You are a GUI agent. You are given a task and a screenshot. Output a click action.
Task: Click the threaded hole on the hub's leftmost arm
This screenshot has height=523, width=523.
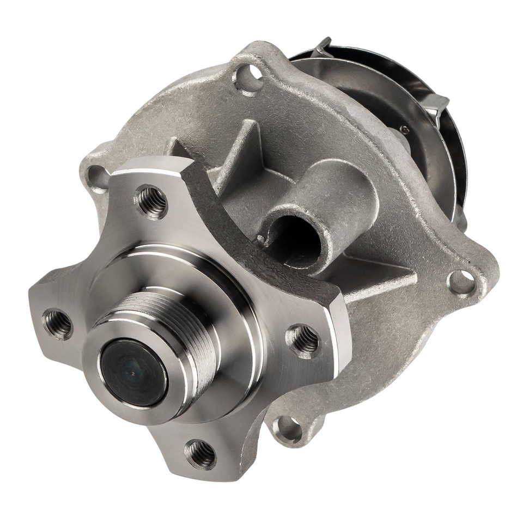[x=58, y=324]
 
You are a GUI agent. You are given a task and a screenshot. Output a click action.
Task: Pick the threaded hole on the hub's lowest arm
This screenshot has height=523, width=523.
[x=200, y=453]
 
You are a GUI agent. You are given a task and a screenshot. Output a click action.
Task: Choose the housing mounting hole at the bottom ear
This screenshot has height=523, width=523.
[x=289, y=429]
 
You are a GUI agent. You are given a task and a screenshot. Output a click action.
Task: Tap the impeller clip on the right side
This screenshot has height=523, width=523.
[x=436, y=106]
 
